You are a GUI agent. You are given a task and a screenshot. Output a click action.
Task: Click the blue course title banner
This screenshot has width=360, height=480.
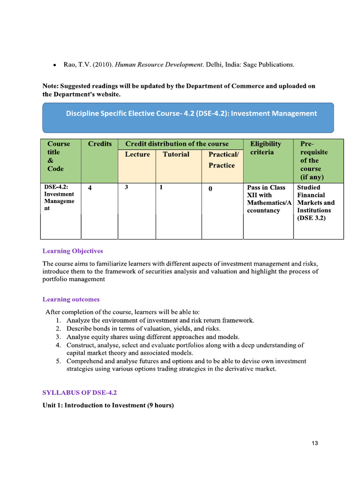pos(188,118)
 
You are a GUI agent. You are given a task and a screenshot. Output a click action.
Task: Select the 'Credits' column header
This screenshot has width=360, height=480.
pos(99,144)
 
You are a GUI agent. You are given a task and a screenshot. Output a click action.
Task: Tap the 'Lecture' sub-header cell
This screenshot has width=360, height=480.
pos(137,155)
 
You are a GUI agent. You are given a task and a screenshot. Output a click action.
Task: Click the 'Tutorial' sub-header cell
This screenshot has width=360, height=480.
pos(176,155)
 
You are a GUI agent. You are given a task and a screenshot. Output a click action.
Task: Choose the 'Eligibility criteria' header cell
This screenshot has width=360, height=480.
pos(266,148)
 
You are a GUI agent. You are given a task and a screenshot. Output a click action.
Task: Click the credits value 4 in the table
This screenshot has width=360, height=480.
pos(90,188)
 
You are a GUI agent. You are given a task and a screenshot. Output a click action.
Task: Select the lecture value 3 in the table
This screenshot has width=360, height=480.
pos(127,187)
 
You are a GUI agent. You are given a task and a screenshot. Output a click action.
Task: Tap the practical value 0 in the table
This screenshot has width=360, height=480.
pos(210,188)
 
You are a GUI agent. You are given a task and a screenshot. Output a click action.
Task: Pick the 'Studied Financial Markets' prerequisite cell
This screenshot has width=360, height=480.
pos(316,202)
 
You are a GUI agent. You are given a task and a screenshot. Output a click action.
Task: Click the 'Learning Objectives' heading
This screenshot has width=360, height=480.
pos(73,251)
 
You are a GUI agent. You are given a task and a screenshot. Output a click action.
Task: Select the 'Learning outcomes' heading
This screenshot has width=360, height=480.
pos(71,300)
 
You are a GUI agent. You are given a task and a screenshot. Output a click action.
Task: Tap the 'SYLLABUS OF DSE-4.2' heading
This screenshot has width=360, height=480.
pos(82,392)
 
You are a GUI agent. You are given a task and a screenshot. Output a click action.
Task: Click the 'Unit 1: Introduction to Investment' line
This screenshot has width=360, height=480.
pos(108,405)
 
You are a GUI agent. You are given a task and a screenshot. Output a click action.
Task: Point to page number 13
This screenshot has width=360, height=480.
pos(315,443)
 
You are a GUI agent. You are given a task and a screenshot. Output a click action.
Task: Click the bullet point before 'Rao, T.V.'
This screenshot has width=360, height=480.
pos(55,65)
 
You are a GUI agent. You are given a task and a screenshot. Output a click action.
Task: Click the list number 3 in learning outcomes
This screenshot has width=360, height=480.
pos(57,337)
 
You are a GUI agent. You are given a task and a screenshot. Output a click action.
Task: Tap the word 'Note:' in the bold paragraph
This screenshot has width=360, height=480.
pos(51,86)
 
